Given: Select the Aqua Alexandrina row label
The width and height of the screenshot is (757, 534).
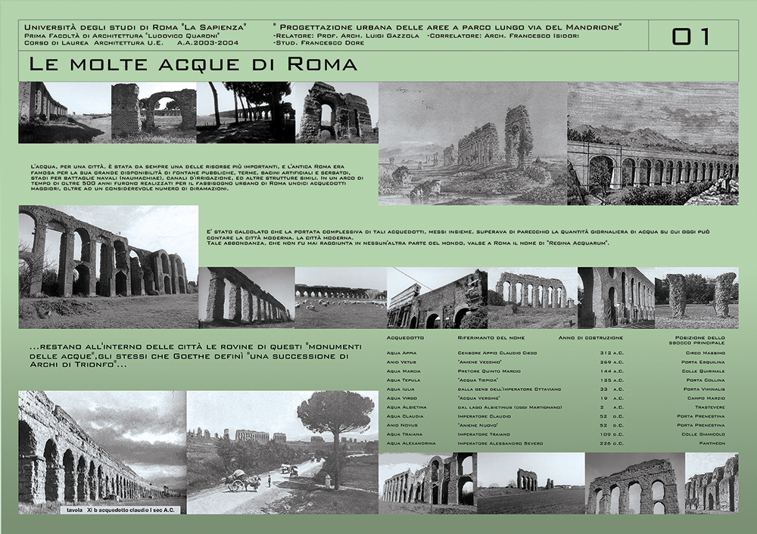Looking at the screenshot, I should [410, 443].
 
